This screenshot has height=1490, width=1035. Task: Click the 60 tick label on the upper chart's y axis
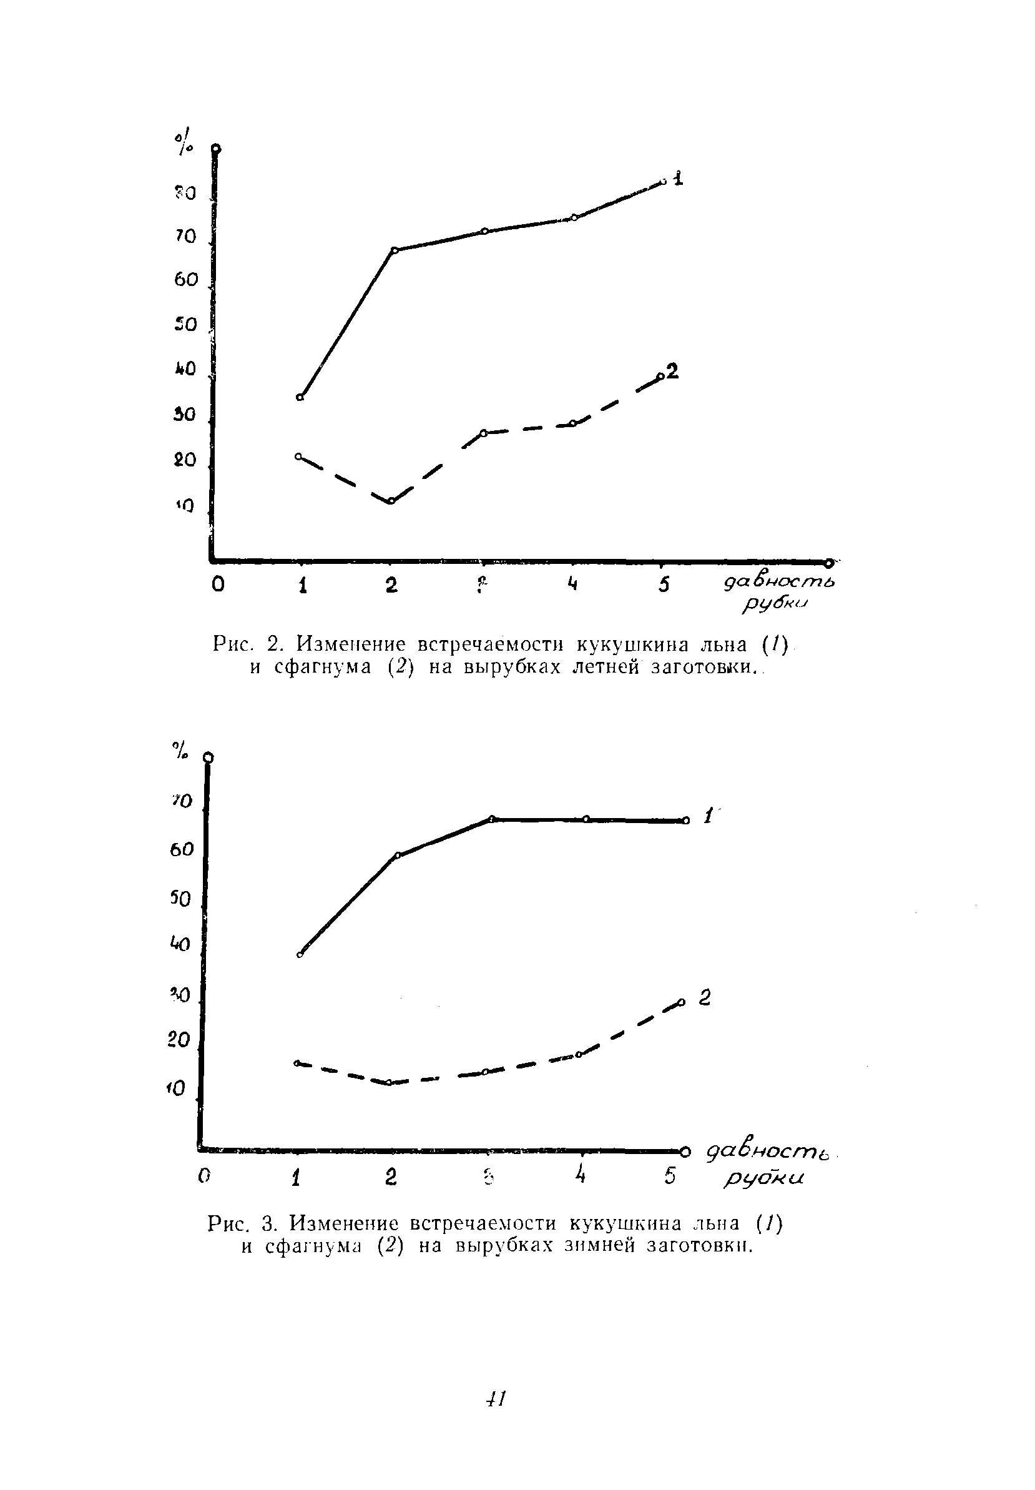(x=185, y=280)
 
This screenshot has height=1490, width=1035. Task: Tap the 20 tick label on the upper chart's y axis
(x=185, y=460)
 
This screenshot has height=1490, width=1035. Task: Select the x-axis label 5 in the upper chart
(x=664, y=585)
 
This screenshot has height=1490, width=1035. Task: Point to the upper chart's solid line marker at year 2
(x=395, y=250)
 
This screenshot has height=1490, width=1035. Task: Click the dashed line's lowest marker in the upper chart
(x=391, y=501)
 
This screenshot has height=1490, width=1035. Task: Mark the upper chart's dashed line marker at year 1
(x=298, y=456)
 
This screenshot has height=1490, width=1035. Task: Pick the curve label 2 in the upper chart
(x=672, y=371)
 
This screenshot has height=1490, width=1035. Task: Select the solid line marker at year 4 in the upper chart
(x=574, y=217)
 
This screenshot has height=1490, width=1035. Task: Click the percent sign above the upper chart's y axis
(x=184, y=143)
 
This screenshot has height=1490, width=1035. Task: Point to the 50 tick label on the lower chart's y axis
(x=181, y=899)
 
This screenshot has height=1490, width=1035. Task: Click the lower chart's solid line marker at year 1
(x=300, y=955)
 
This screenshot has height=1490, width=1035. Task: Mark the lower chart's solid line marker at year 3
(x=491, y=819)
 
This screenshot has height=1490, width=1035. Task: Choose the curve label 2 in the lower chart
(x=705, y=997)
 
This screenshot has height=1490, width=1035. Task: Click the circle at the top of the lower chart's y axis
(x=208, y=757)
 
